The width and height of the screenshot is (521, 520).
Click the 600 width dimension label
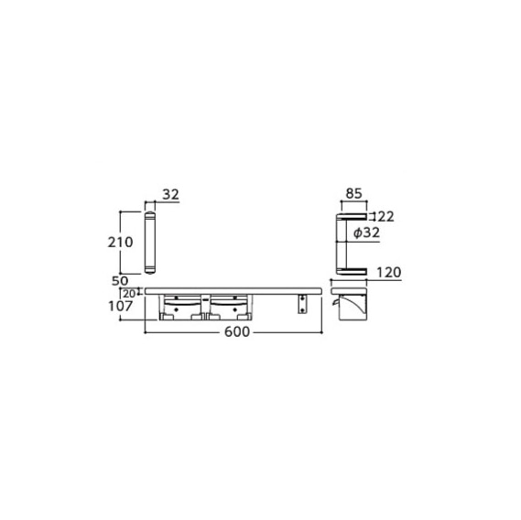[237, 332]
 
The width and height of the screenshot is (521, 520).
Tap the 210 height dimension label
[120, 243]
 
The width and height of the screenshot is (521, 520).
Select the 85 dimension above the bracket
[353, 193]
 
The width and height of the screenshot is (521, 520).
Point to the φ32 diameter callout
[366, 233]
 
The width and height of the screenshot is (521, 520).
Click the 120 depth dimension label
[389, 273]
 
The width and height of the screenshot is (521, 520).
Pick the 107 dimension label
[121, 306]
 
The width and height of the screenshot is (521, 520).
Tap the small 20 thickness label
[129, 294]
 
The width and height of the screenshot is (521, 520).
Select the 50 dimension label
[120, 281]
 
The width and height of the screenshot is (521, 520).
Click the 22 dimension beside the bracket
[386, 217]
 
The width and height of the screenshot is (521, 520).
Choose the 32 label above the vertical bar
[171, 194]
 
